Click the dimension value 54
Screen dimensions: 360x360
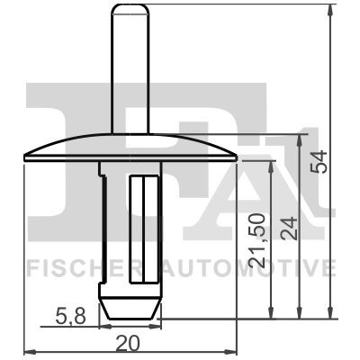[319, 162]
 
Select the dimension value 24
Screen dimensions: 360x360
[290, 229]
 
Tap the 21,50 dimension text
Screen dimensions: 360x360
[257, 241]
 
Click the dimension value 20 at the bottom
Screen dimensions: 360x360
[128, 344]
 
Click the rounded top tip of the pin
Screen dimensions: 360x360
[130, 6]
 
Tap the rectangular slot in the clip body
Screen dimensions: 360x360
[144, 229]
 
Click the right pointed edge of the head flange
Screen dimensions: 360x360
[236, 157]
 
